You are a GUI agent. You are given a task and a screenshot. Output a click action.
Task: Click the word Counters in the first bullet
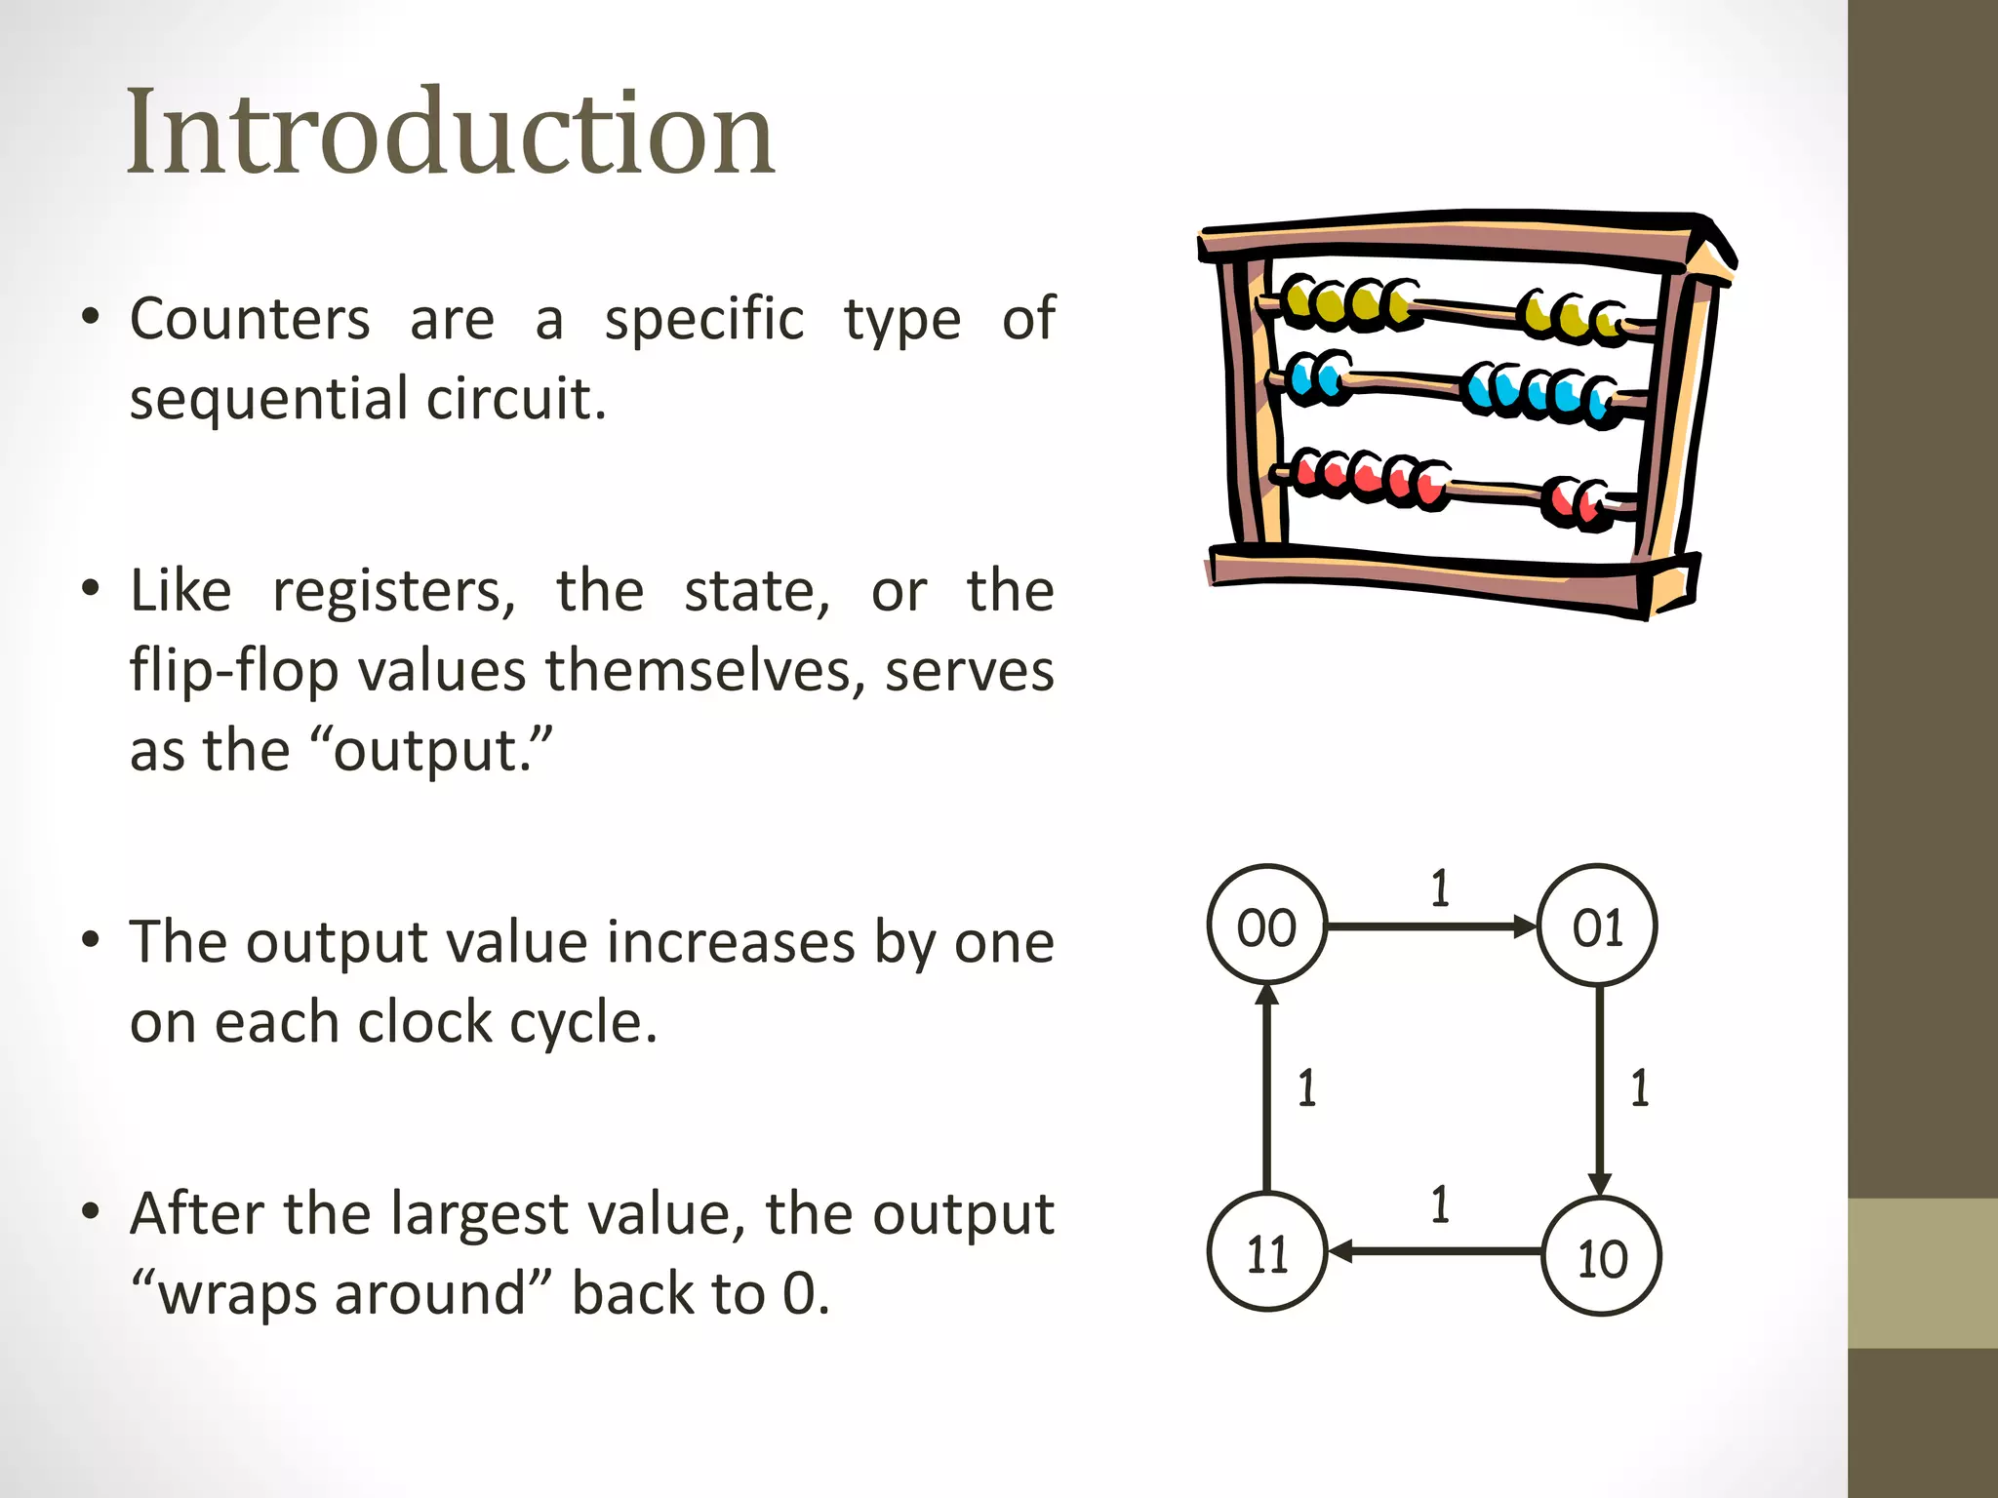(x=250, y=319)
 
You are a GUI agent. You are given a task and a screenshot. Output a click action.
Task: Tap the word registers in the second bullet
(x=393, y=592)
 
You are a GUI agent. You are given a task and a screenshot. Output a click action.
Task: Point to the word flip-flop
(x=233, y=672)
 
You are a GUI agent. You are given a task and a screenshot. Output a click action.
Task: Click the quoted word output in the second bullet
(x=430, y=752)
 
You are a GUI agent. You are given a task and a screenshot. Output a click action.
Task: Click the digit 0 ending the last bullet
(x=799, y=1294)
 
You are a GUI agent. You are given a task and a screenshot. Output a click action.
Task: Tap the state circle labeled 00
(x=1266, y=925)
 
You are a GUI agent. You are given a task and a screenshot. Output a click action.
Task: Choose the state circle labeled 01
(x=1597, y=925)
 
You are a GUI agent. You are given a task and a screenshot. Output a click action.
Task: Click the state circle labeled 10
(x=1602, y=1256)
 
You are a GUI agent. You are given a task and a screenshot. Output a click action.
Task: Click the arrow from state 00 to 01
(x=1430, y=926)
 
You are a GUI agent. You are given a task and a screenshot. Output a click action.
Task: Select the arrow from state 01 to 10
(x=1599, y=1088)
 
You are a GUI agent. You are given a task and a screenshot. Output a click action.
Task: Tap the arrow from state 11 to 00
(x=1266, y=1088)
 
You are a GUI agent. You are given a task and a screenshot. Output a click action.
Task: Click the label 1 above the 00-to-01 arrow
(x=1440, y=888)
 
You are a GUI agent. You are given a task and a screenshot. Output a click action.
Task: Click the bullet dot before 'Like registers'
(x=91, y=589)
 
